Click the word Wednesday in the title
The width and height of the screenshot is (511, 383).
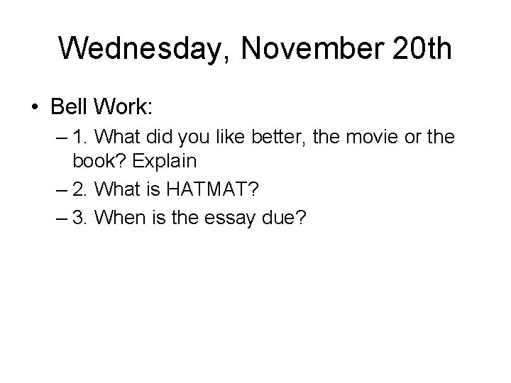tap(141, 48)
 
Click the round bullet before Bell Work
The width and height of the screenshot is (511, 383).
tap(35, 108)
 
